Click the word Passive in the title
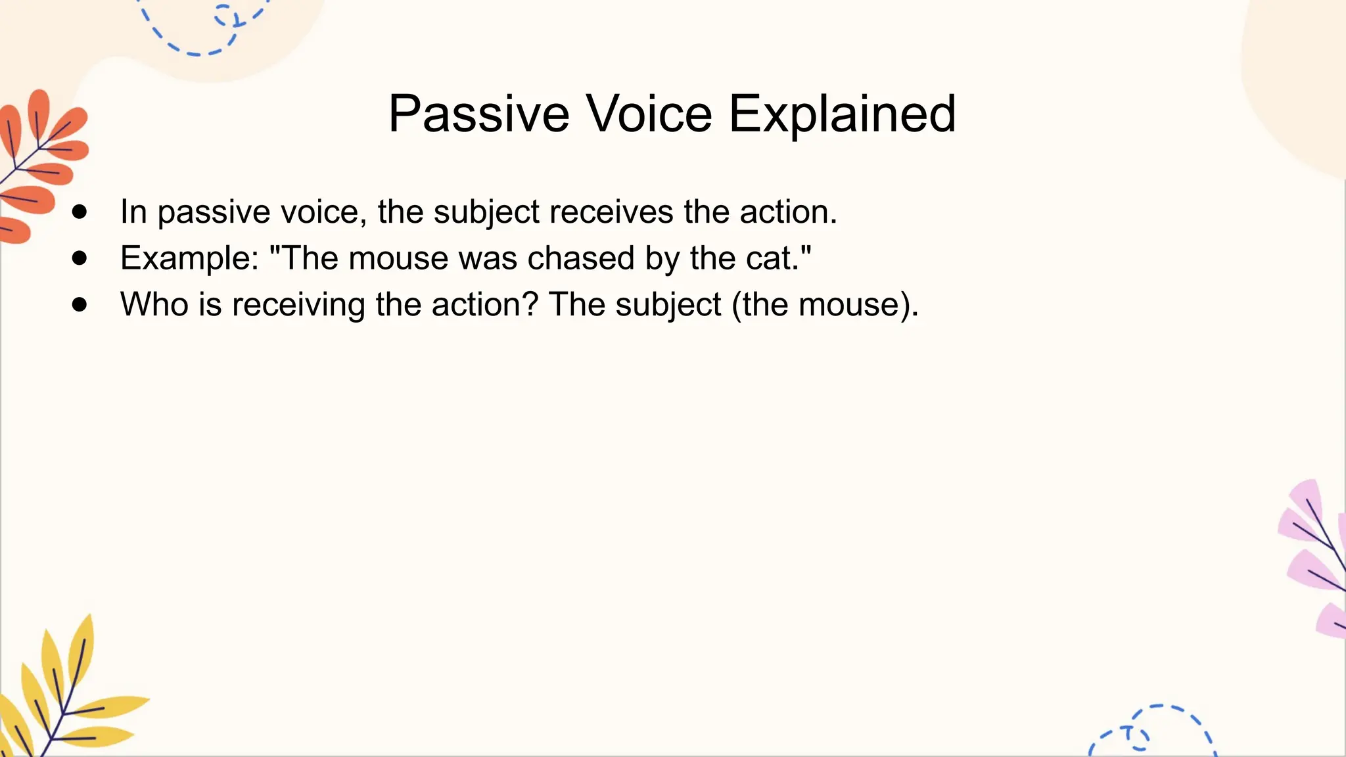tap(478, 115)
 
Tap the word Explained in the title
tap(842, 115)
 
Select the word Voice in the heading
tap(649, 115)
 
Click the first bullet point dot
tap(80, 212)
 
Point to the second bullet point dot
tap(80, 258)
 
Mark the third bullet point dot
tap(80, 304)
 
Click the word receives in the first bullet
tap(611, 212)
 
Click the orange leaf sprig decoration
tap(39, 164)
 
